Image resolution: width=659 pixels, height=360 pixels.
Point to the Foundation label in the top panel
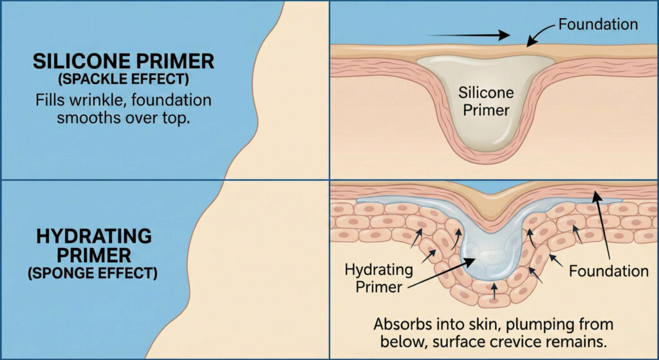(598, 24)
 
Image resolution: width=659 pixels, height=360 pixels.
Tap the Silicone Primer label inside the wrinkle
(484, 101)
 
